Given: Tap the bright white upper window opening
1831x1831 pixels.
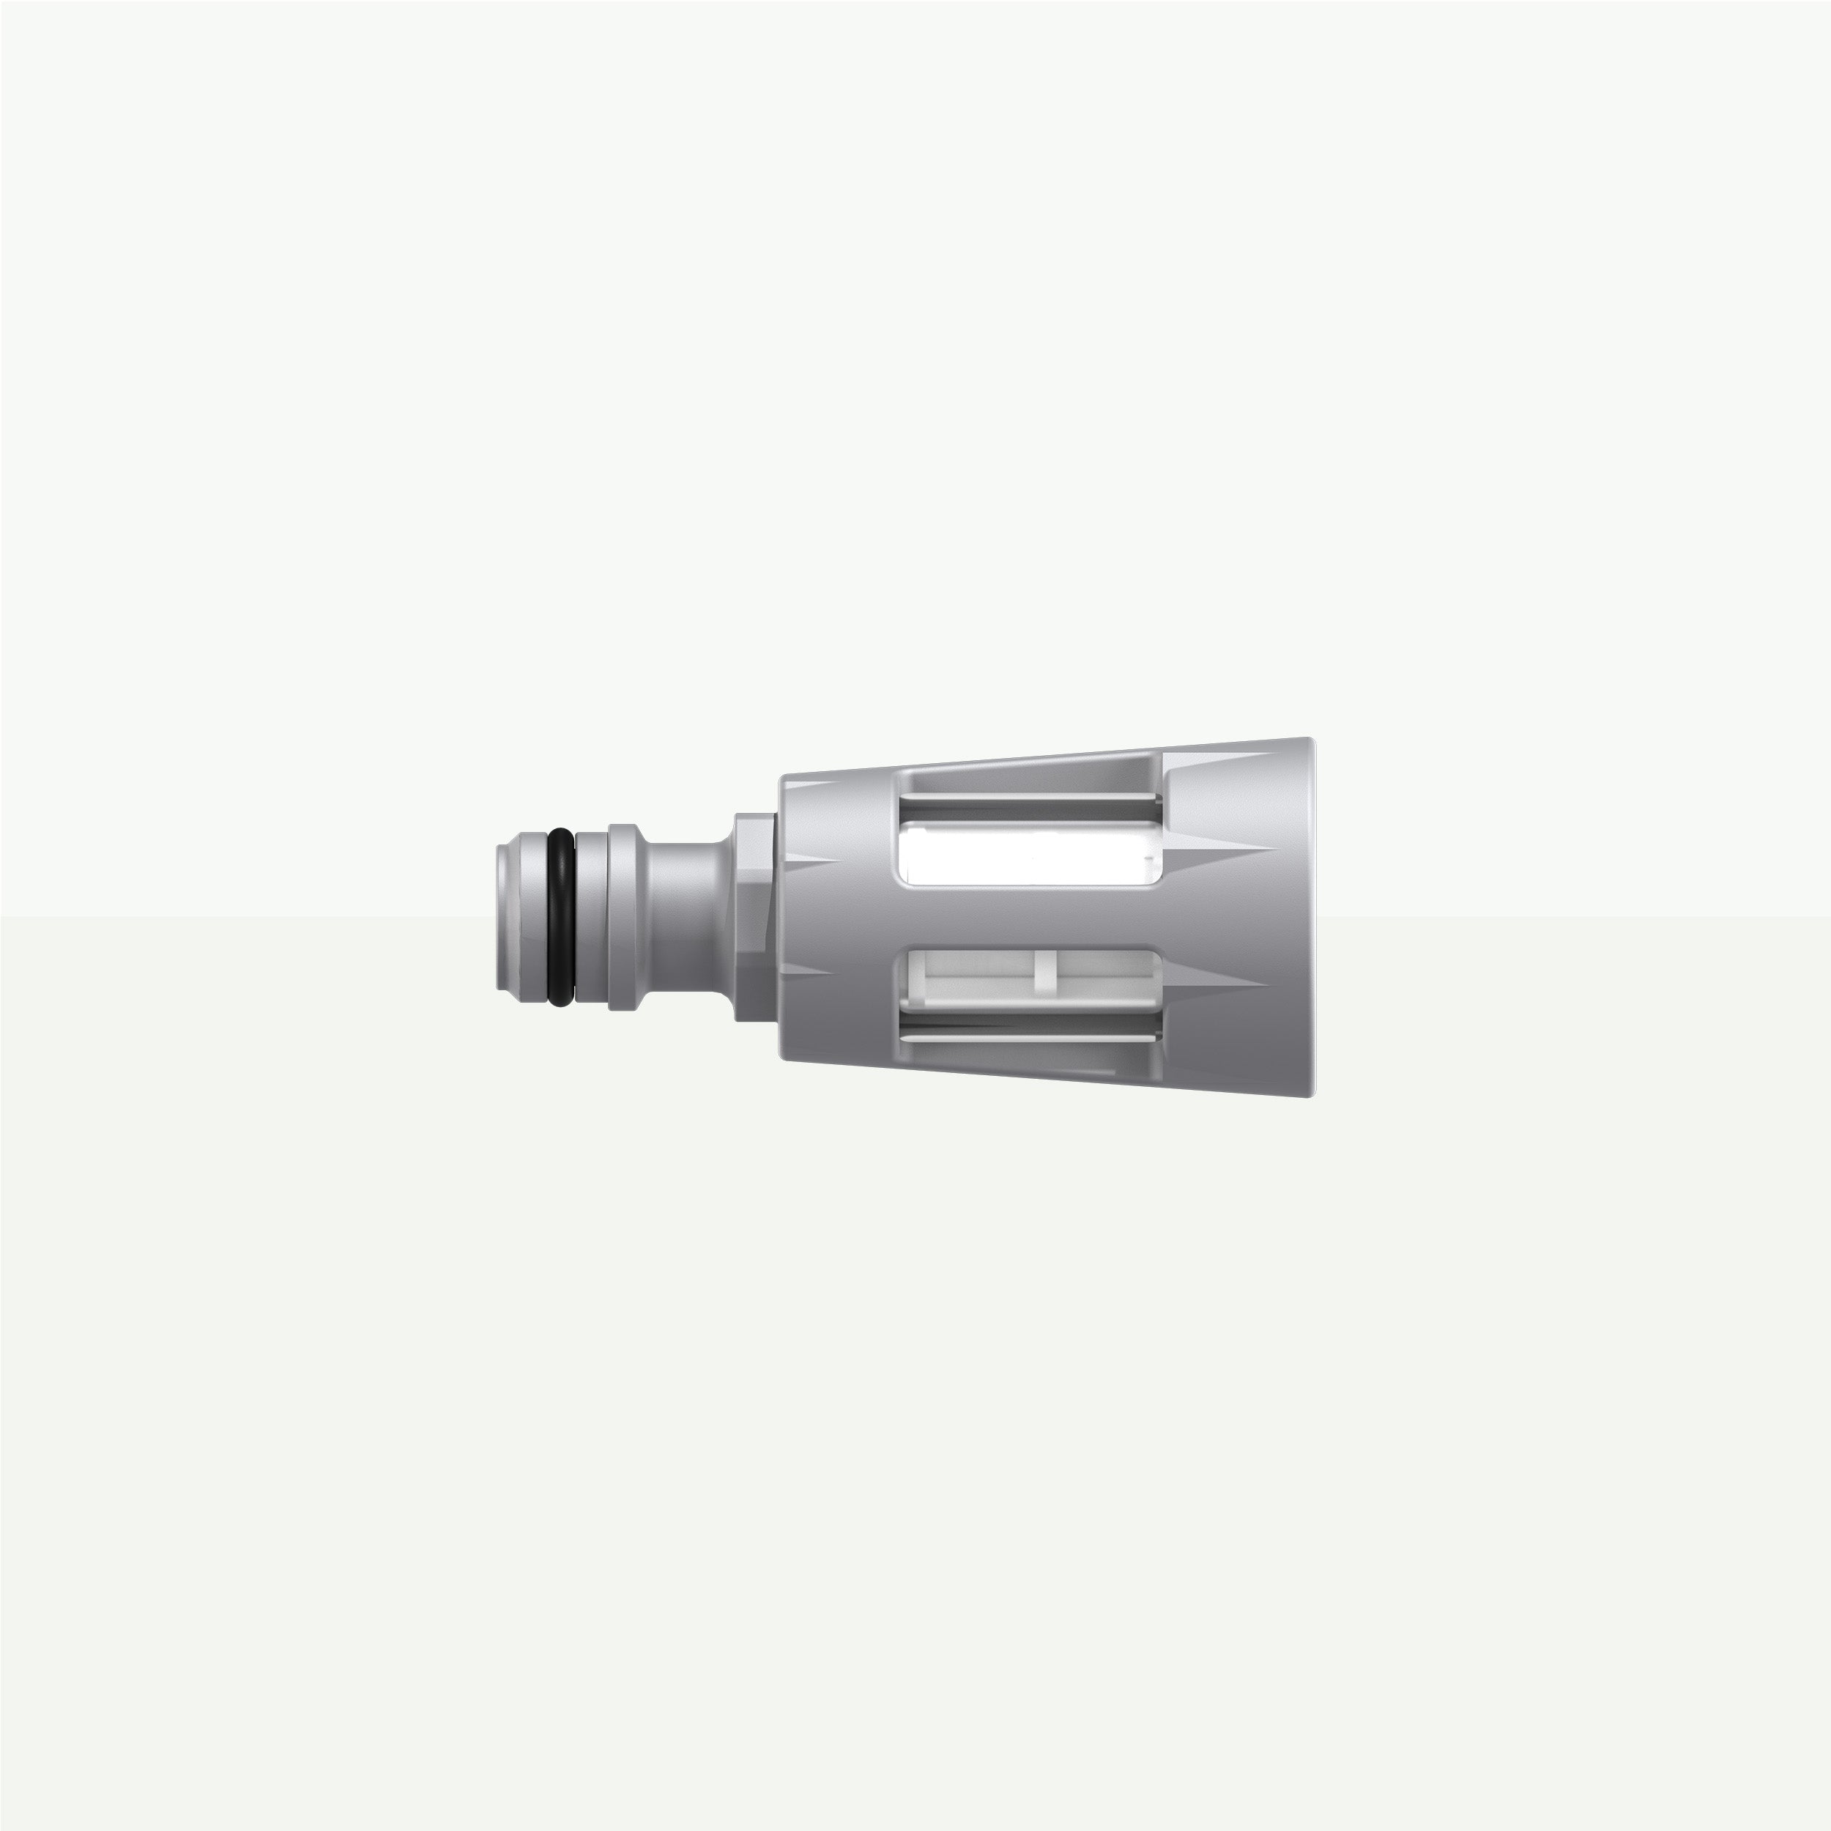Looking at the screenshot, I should [x=1028, y=854].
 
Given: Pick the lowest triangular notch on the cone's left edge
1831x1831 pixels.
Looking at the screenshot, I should [x=810, y=971].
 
